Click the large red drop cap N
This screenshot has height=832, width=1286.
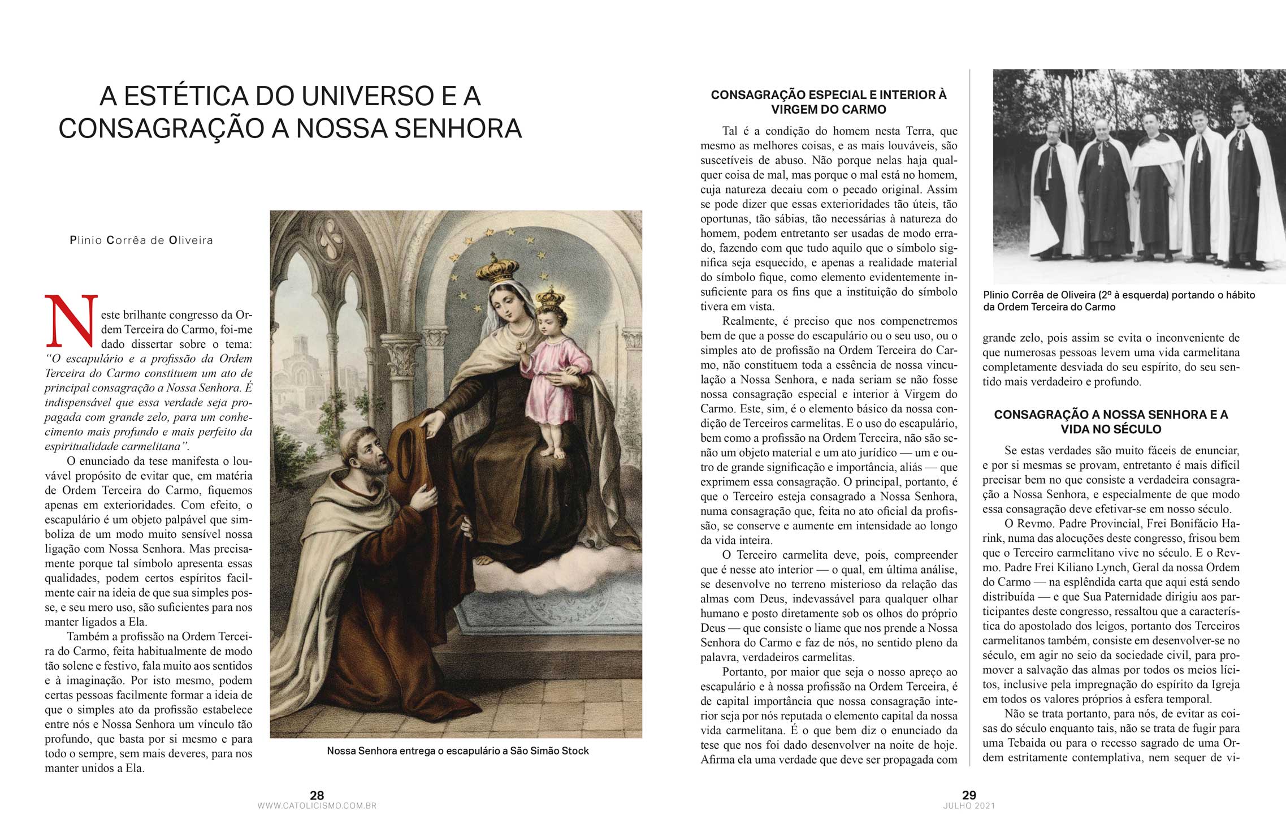pos(71,321)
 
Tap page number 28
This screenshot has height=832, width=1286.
pos(317,795)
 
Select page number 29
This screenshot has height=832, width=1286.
pos(969,795)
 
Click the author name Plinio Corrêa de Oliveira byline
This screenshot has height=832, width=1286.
pos(141,240)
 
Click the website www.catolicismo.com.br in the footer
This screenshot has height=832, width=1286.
pos(317,806)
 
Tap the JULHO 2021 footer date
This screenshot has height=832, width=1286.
pos(969,806)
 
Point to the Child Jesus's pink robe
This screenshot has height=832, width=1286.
pos(547,368)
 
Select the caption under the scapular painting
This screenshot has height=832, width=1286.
pos(457,751)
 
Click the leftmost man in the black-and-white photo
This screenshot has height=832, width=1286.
pos(1050,192)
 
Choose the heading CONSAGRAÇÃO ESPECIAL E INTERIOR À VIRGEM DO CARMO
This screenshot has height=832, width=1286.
pos(829,102)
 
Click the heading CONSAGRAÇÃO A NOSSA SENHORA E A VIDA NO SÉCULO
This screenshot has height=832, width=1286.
pos(1111,422)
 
